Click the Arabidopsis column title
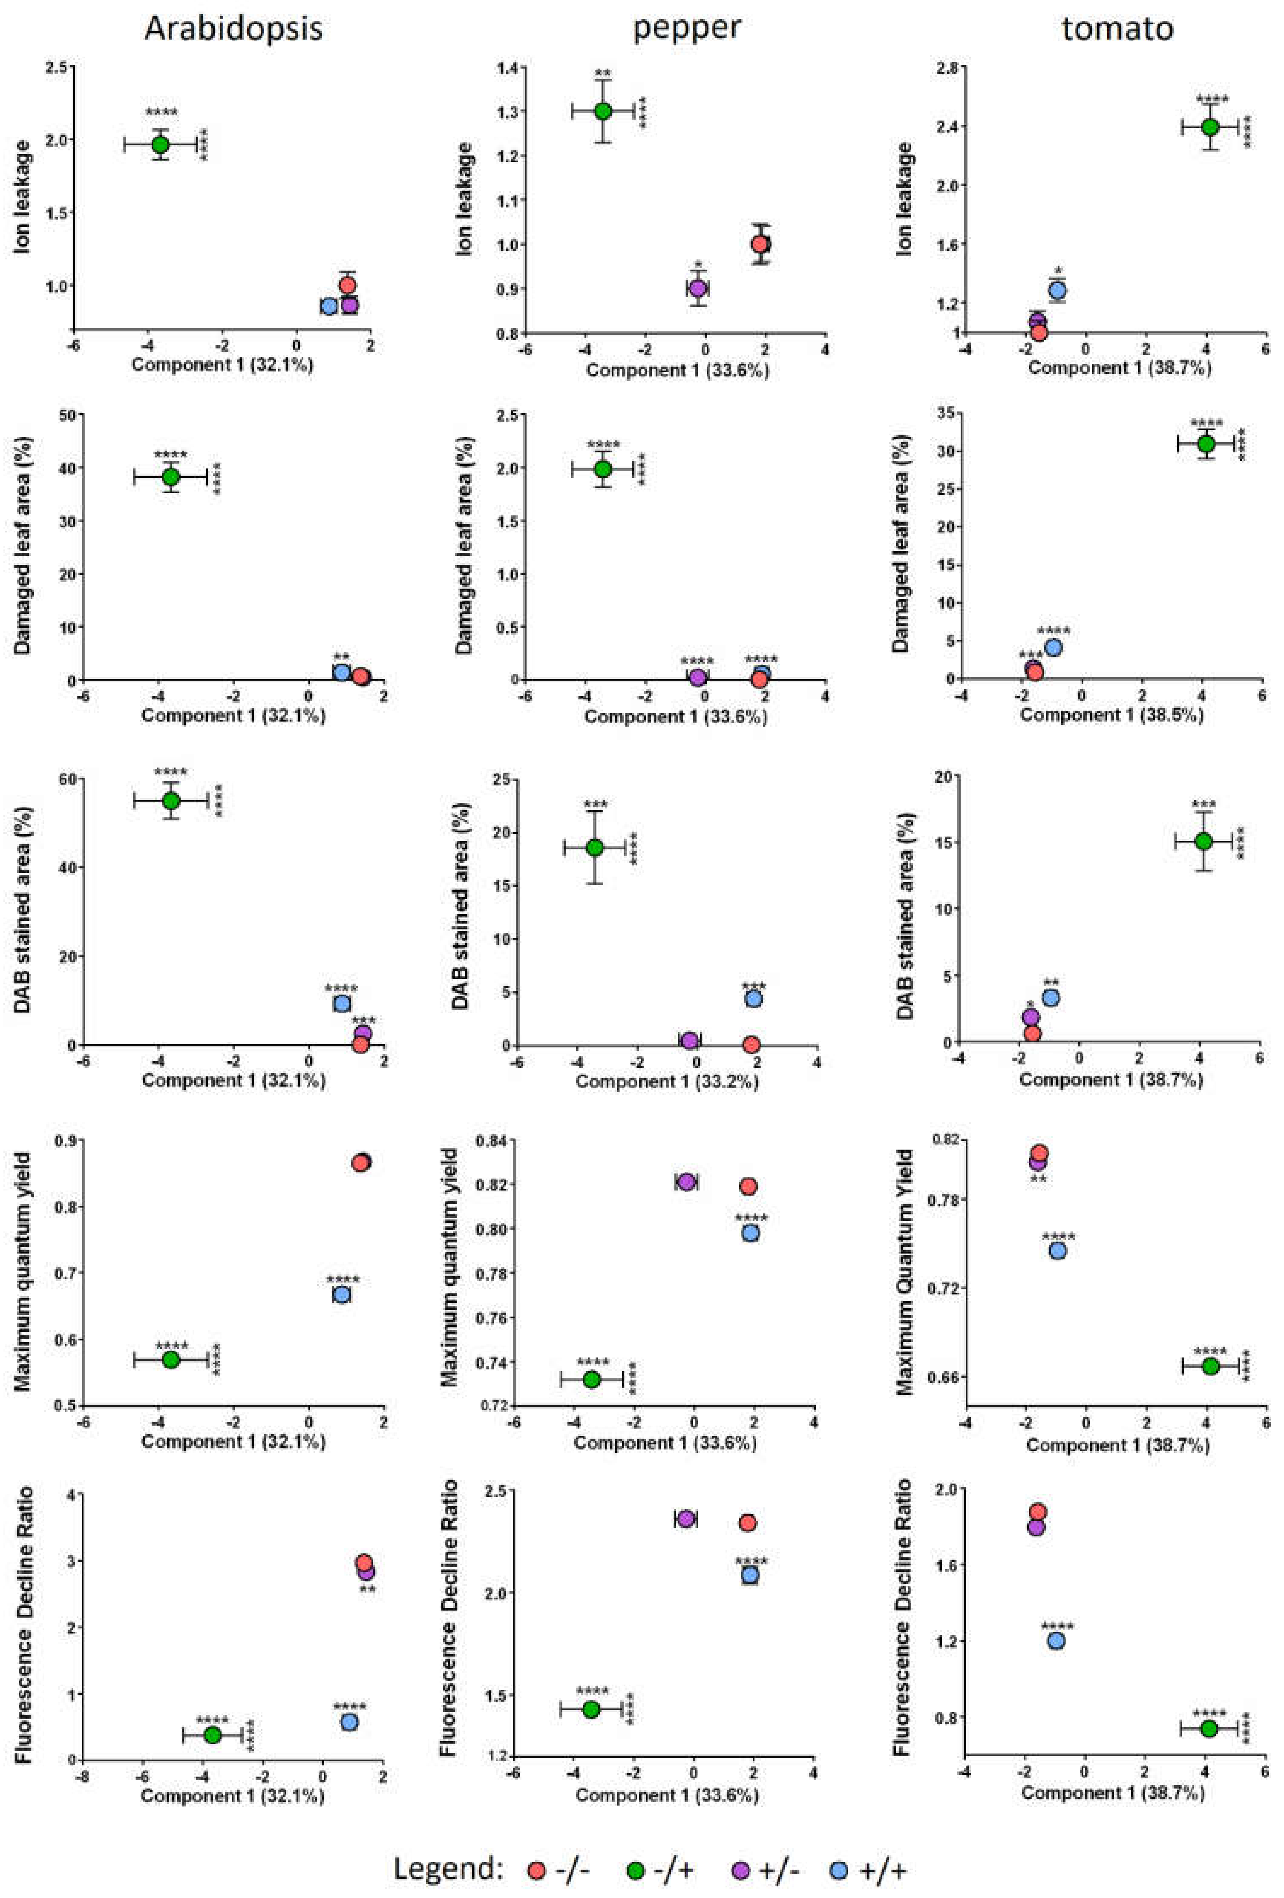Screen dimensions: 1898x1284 pos(233,29)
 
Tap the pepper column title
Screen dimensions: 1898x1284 pos(686,29)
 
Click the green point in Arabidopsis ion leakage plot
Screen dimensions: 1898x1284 pos(160,144)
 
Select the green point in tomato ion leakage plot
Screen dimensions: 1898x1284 pos(1210,127)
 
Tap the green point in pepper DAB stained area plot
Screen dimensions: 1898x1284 pos(595,848)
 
